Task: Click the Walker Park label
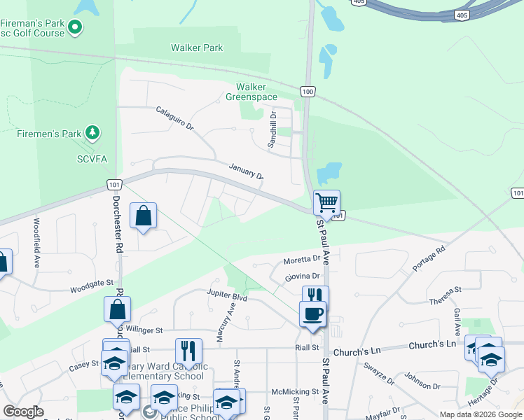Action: (x=197, y=48)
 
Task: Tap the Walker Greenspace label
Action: (x=251, y=92)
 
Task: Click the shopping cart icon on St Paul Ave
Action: (x=326, y=203)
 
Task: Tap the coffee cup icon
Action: (x=312, y=313)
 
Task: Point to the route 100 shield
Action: (x=308, y=91)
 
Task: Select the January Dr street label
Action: (x=245, y=170)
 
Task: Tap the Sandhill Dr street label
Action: (x=273, y=129)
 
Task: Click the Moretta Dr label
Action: (x=301, y=260)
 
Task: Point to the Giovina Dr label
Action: (x=302, y=277)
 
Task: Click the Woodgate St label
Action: (x=91, y=286)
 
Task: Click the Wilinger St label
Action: (x=144, y=329)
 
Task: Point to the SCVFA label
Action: (x=92, y=160)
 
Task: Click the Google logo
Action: (x=23, y=412)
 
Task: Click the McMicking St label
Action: (x=295, y=392)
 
